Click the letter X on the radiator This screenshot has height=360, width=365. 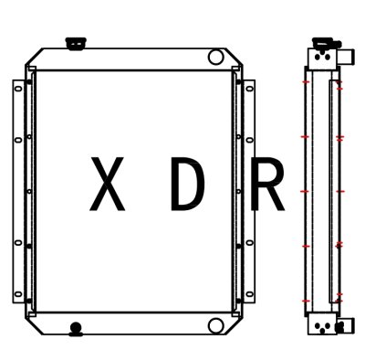coord(108,184)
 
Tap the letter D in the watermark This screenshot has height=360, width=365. coord(187,184)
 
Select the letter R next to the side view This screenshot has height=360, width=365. coord(267,184)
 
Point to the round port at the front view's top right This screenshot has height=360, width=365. coord(215,57)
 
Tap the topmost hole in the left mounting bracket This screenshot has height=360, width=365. coord(17,88)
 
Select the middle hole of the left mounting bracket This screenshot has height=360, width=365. coord(17,190)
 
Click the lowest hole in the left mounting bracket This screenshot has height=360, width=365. coord(17,292)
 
